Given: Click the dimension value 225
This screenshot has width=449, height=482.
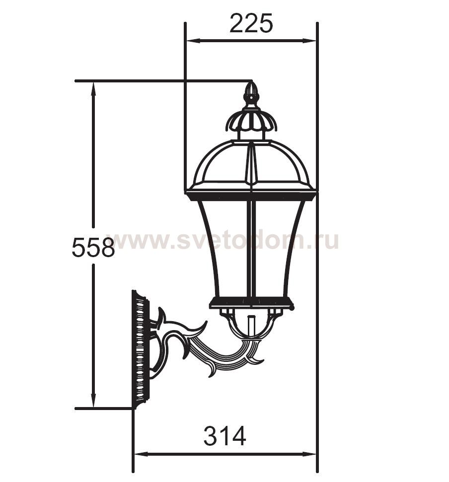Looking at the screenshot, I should tap(251, 23).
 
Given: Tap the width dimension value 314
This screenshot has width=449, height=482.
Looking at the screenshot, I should tap(224, 437).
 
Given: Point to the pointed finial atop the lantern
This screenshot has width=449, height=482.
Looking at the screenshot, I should tap(251, 93).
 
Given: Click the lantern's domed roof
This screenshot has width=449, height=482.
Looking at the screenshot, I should tap(251, 164).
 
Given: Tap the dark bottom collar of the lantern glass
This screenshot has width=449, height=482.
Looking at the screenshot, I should tap(251, 302).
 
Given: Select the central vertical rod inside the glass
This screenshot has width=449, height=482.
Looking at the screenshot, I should tap(251, 248).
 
